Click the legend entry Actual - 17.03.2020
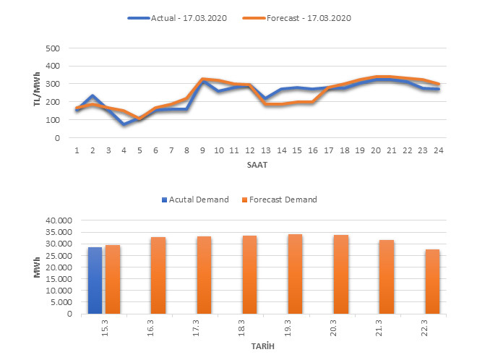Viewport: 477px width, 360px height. point(186,18)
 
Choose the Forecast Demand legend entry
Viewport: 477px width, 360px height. point(283,200)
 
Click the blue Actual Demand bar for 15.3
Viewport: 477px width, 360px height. point(95,280)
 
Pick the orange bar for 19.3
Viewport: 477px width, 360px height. point(295,274)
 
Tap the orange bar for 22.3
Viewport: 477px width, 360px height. point(432,281)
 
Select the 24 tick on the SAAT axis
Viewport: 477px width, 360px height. point(438,150)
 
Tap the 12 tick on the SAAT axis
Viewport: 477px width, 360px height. point(249,150)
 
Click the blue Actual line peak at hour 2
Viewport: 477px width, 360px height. point(93,96)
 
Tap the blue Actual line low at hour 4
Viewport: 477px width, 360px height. point(124,124)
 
